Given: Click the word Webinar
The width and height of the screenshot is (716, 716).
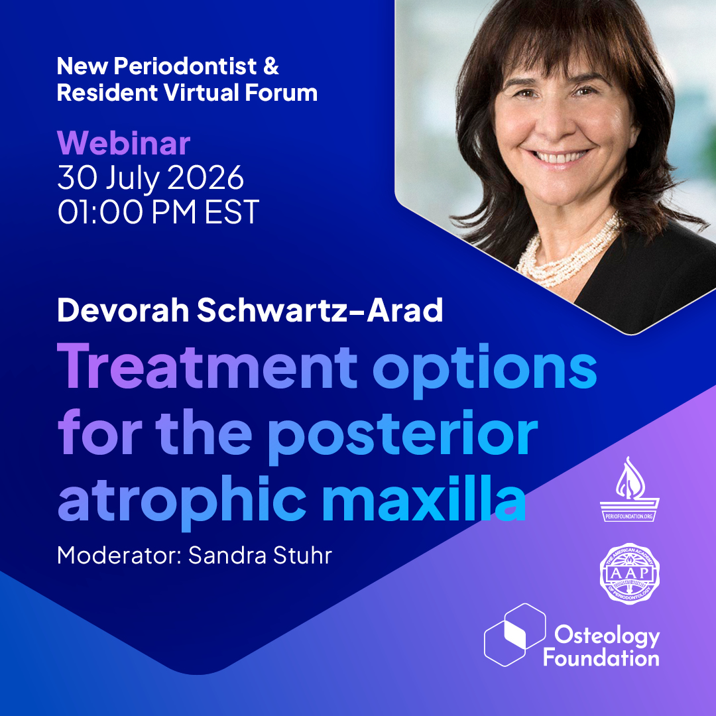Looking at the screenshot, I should [124, 143].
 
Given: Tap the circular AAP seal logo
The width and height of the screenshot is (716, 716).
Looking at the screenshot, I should [629, 572].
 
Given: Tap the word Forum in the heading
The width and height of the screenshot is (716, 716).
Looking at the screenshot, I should [282, 93].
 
